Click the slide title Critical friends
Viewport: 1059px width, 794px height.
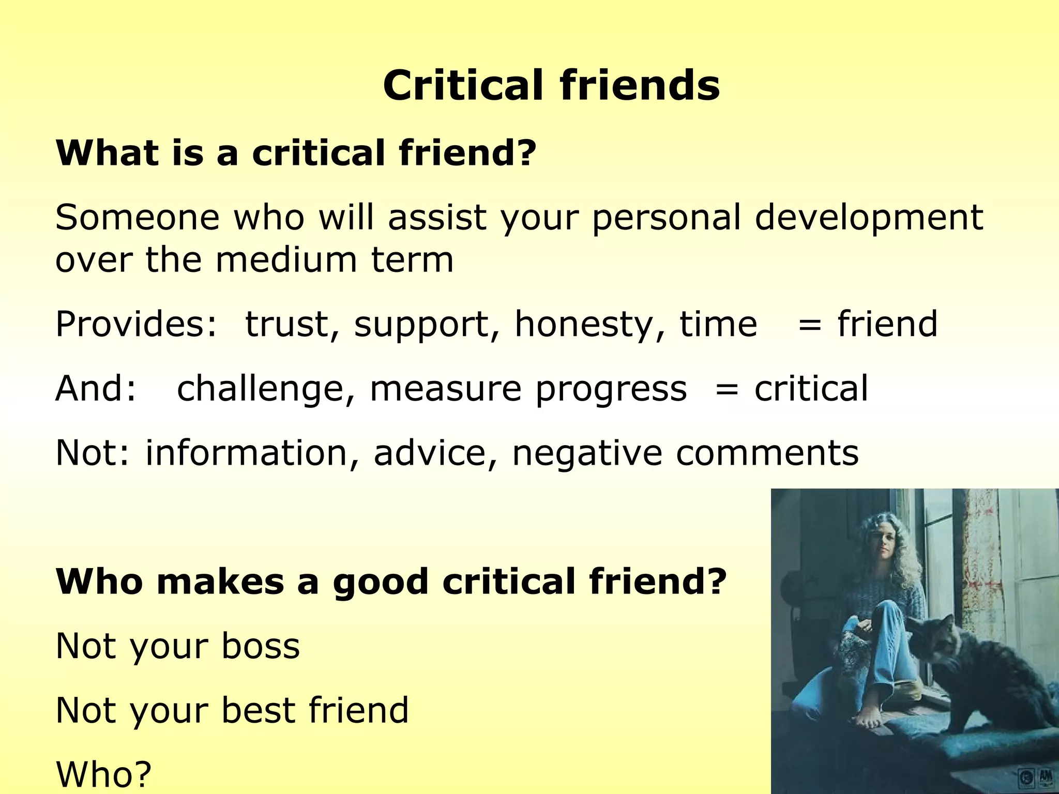click(551, 85)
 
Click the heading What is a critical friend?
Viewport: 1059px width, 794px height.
click(296, 154)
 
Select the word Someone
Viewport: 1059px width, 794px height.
click(138, 218)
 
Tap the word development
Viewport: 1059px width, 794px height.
click(868, 218)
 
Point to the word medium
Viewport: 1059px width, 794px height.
click(286, 259)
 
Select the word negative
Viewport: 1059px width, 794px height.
click(587, 453)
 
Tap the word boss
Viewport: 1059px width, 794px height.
click(261, 646)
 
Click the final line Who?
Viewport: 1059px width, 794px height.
click(103, 774)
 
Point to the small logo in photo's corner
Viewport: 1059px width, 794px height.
click(1035, 778)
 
